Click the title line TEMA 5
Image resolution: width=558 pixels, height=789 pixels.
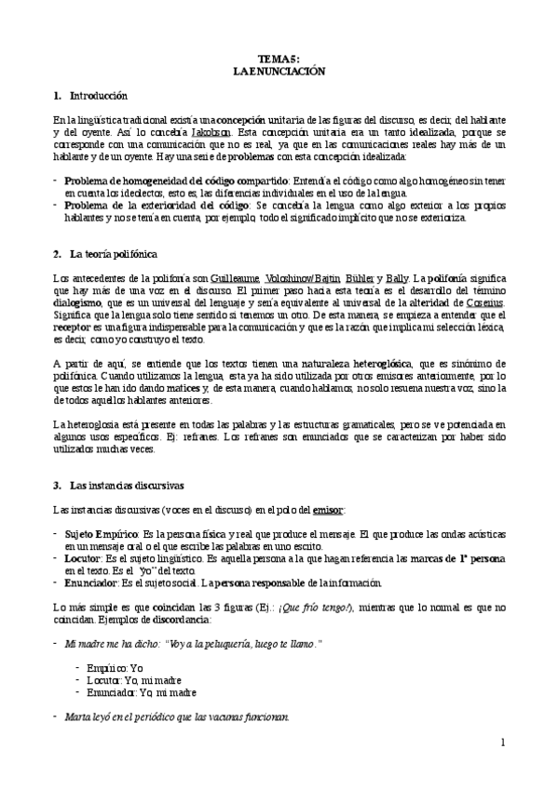point(279,58)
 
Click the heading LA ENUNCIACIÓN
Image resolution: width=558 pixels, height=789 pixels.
point(279,70)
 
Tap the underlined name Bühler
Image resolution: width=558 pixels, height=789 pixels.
point(361,277)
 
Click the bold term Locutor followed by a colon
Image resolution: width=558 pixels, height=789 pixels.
point(87,558)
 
